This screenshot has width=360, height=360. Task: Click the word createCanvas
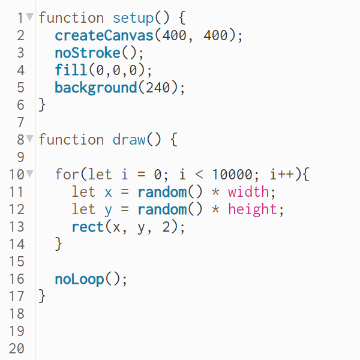[x=104, y=35]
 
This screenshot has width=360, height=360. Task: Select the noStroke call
[x=88, y=53]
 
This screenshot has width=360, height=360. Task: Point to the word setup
[x=133, y=18]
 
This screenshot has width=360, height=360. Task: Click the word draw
[x=129, y=140]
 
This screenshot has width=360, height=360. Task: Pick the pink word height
[x=253, y=209]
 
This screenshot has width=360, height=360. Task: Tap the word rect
[x=88, y=227]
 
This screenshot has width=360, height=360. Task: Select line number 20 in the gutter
[x=17, y=349]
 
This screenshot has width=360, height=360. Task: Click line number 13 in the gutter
[x=17, y=227]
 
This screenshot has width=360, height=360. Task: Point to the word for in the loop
[x=67, y=175]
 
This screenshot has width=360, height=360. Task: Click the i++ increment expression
[x=283, y=175]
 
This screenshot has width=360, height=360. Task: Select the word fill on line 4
[x=71, y=70]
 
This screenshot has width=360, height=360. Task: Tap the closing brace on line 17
[x=42, y=296]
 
